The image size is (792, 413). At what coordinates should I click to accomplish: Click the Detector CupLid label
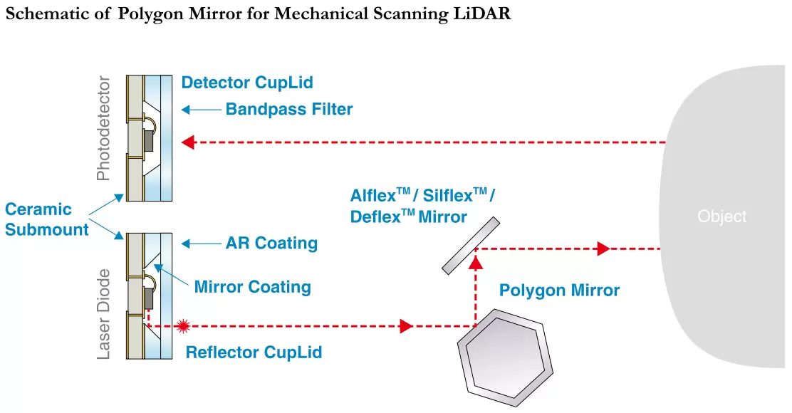[247, 83]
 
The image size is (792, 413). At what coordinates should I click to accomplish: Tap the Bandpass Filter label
[289, 110]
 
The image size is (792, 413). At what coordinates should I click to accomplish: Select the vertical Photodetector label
[104, 128]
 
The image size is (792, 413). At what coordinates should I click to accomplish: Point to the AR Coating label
[271, 244]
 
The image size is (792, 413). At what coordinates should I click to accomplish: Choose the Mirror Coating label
[252, 287]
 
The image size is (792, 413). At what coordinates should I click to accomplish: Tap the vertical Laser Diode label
[104, 313]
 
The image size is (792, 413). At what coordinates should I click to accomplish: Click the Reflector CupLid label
[254, 352]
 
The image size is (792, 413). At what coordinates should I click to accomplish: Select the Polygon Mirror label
[559, 291]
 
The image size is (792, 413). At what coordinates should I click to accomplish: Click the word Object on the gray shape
[722, 216]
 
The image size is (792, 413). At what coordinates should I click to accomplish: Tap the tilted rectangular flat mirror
[470, 246]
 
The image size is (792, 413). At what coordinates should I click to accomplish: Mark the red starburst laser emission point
[183, 326]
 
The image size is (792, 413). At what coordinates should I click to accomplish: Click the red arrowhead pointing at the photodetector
[188, 142]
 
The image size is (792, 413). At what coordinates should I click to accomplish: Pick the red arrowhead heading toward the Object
[603, 249]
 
